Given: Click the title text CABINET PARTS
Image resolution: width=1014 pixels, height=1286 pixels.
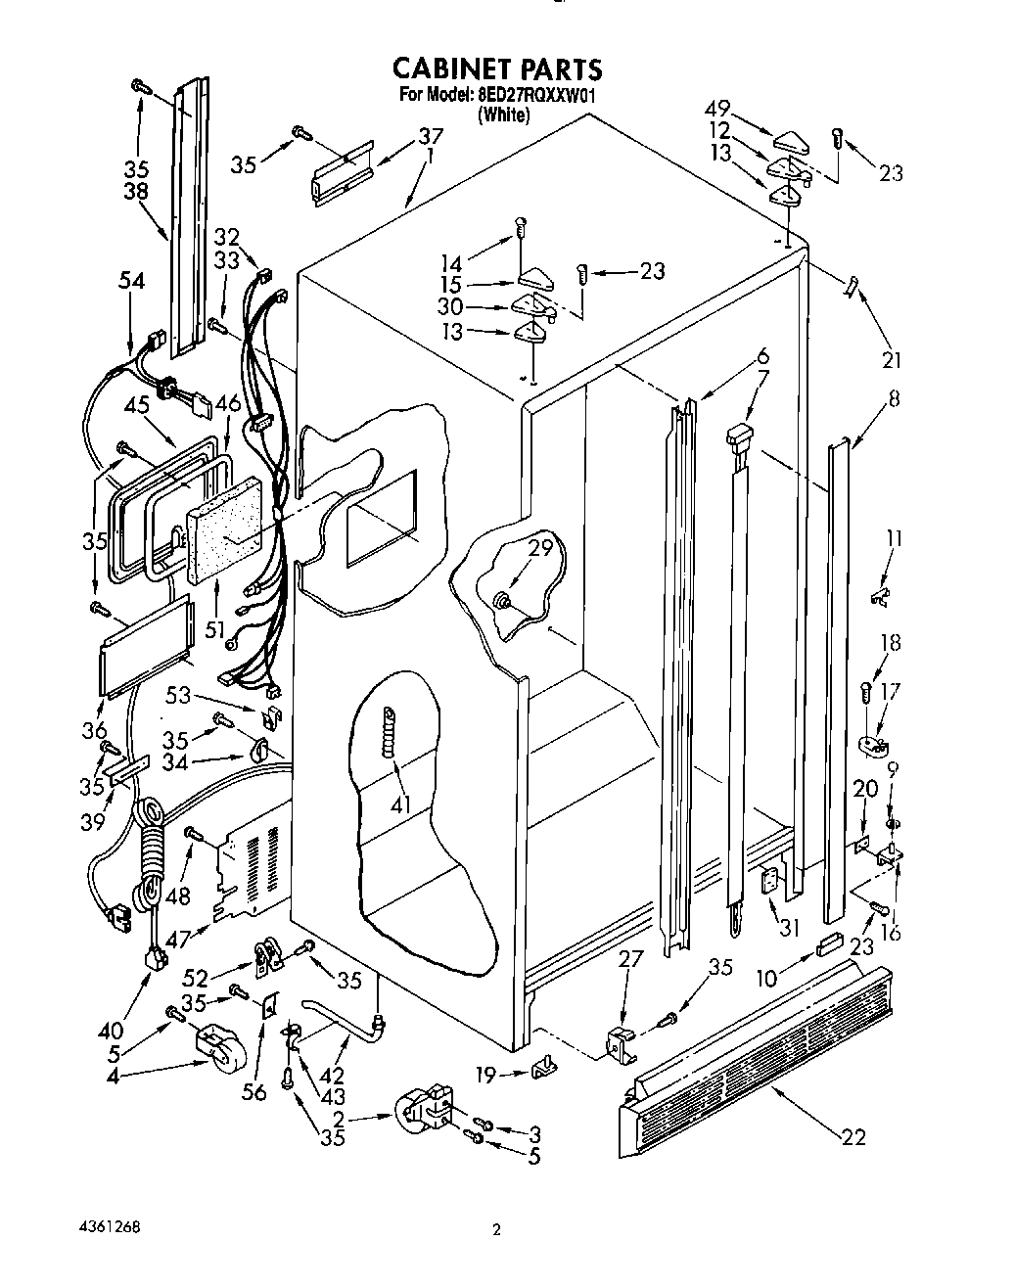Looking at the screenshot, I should (496, 69).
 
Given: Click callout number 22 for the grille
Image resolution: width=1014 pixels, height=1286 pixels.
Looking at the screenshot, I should (854, 1136).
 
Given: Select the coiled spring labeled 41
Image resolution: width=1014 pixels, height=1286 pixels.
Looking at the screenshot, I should (392, 731).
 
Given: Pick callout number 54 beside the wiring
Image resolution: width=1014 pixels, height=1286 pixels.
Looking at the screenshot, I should (131, 281).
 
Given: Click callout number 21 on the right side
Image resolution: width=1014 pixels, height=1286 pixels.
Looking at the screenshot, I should (891, 360).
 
